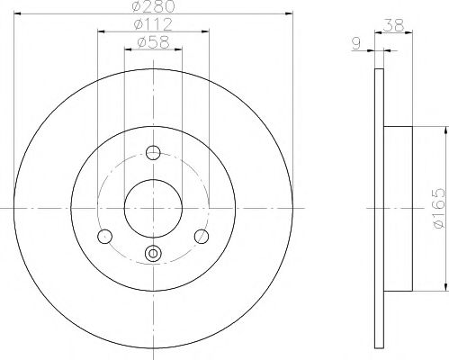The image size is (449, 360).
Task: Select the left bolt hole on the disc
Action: point(104,237)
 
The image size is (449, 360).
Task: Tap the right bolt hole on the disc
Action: point(202,237)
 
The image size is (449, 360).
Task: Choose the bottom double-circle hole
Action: point(153,255)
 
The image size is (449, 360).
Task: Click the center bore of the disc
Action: point(153,208)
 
